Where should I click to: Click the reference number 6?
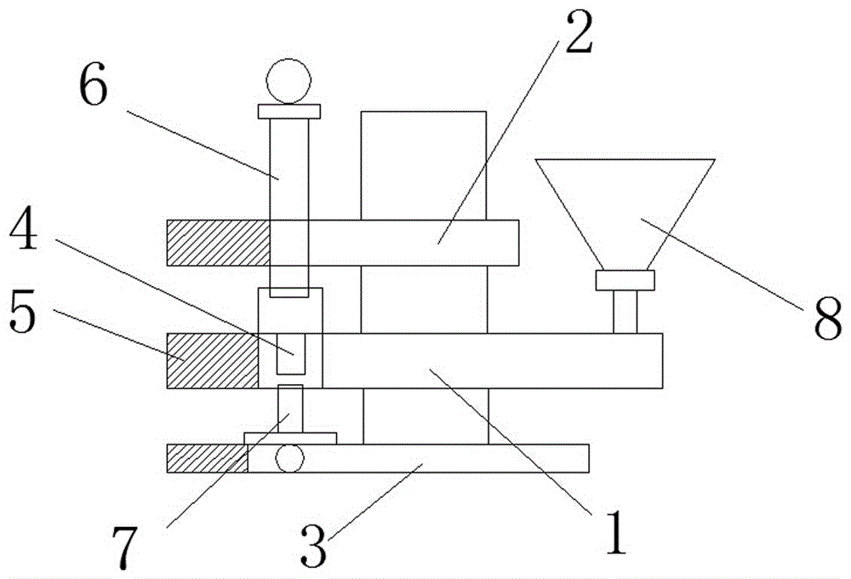tap(94, 88)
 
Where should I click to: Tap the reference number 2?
tap(578, 32)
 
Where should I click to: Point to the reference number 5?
tap(23, 315)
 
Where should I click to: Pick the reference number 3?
tap(314, 544)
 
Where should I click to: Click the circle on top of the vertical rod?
tap(288, 81)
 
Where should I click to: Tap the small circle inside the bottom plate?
tap(289, 459)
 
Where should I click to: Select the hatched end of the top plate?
tap(218, 243)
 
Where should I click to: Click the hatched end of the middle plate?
tap(212, 361)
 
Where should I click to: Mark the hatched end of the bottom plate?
tap(208, 458)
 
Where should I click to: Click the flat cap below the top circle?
tap(289, 112)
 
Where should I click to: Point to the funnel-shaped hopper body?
tap(625, 215)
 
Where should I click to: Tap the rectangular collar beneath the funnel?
tap(625, 280)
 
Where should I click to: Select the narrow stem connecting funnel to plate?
tap(625, 312)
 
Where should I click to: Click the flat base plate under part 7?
tap(290, 439)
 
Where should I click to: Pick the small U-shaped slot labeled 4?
tap(291, 354)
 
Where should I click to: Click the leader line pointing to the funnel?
tap(722, 265)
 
